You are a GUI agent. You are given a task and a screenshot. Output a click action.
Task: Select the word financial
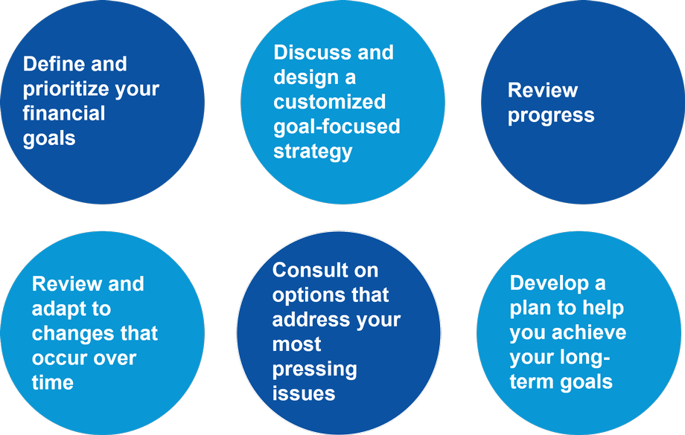pos(64,113)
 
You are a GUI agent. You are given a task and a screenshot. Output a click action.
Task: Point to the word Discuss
pos(312,52)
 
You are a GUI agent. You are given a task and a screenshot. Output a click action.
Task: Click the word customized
pos(329,102)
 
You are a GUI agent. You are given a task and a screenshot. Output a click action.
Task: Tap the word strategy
pos(313,152)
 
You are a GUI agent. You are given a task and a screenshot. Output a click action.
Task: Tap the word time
pos(52,383)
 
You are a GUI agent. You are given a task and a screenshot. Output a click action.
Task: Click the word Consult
pos(310,270)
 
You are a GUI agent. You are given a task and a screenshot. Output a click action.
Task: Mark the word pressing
pos(314,370)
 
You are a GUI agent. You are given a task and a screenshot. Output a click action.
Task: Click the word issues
pos(304,393)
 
